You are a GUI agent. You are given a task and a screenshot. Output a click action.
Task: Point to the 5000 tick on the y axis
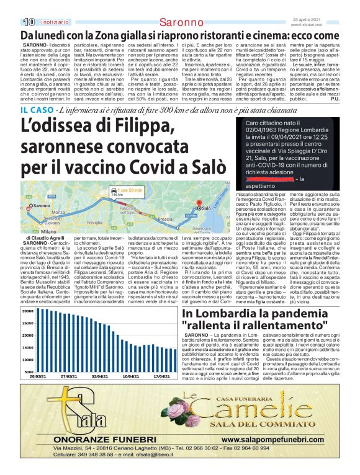point(29,372)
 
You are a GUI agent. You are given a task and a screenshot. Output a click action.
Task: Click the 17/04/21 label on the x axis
point(162,376)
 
